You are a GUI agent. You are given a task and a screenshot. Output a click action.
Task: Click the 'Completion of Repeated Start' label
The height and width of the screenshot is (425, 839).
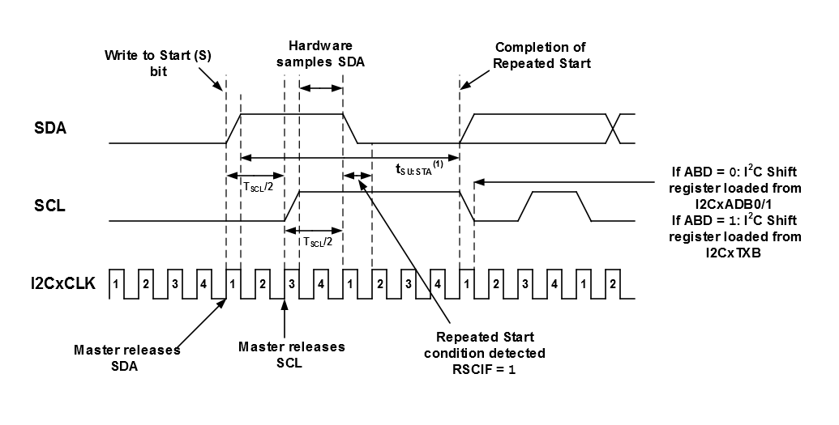[540, 55]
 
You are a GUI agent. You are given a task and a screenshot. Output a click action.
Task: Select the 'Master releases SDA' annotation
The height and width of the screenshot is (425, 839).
[126, 357]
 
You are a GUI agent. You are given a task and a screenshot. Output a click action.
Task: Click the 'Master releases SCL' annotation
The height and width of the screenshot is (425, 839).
[292, 355]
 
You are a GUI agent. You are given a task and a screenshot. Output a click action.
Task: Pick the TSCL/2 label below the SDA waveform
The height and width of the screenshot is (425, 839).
[258, 185]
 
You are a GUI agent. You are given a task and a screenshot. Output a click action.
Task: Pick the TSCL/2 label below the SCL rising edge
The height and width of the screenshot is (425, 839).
[318, 240]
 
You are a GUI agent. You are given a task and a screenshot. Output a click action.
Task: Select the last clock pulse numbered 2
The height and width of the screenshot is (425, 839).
[613, 284]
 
